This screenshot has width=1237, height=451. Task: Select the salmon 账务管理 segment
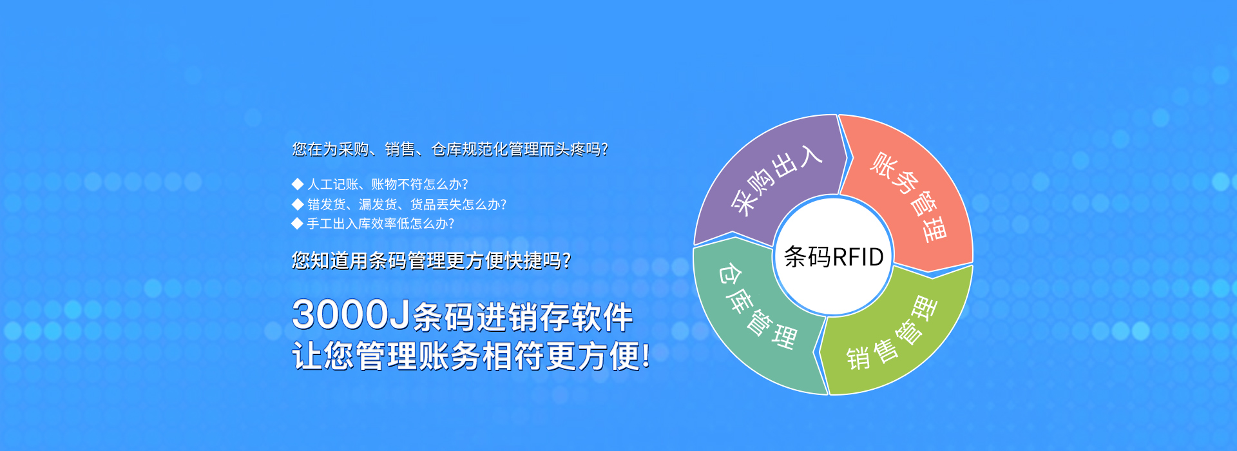pyautogui.click(x=908, y=193)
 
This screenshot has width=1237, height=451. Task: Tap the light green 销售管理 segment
pyautogui.click(x=896, y=335)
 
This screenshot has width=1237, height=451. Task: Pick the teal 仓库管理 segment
pyautogui.click(x=754, y=316)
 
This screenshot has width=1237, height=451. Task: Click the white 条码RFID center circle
pyautogui.click(x=833, y=256)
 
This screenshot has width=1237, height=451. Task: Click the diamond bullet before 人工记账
pyautogui.click(x=297, y=184)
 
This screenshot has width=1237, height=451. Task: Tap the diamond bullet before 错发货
pyautogui.click(x=297, y=204)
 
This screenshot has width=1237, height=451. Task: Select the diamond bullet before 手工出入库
pyautogui.click(x=297, y=224)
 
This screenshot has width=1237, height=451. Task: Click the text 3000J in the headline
pyautogui.click(x=351, y=315)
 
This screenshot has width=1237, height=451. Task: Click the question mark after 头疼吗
pyautogui.click(x=604, y=149)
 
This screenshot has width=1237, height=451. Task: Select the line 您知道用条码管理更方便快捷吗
pyautogui.click(x=431, y=260)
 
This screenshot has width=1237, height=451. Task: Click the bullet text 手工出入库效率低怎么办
pyautogui.click(x=380, y=224)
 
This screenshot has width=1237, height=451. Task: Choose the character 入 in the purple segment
pyautogui.click(x=809, y=156)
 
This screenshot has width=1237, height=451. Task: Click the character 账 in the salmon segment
pyautogui.click(x=884, y=164)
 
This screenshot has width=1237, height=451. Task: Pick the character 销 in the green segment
pyautogui.click(x=858, y=358)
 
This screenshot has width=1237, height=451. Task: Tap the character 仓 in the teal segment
pyautogui.click(x=729, y=274)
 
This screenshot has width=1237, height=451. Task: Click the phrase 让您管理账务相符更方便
pyautogui.click(x=471, y=356)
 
